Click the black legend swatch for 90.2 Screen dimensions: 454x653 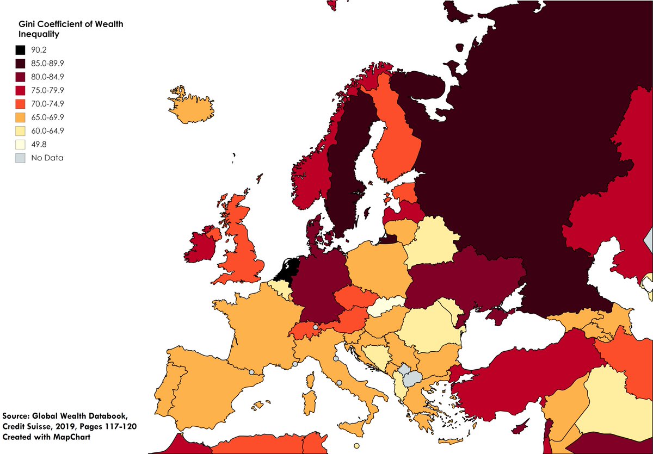pos(20,49)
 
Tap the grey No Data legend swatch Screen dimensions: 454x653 pos(20,158)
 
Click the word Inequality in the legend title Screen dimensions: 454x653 pos(39,34)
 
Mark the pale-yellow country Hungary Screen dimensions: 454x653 pos(387,308)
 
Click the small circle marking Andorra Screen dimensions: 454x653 pos(251,372)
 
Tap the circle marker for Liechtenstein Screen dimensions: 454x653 pos(316,327)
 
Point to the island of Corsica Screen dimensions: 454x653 pos(312,379)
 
